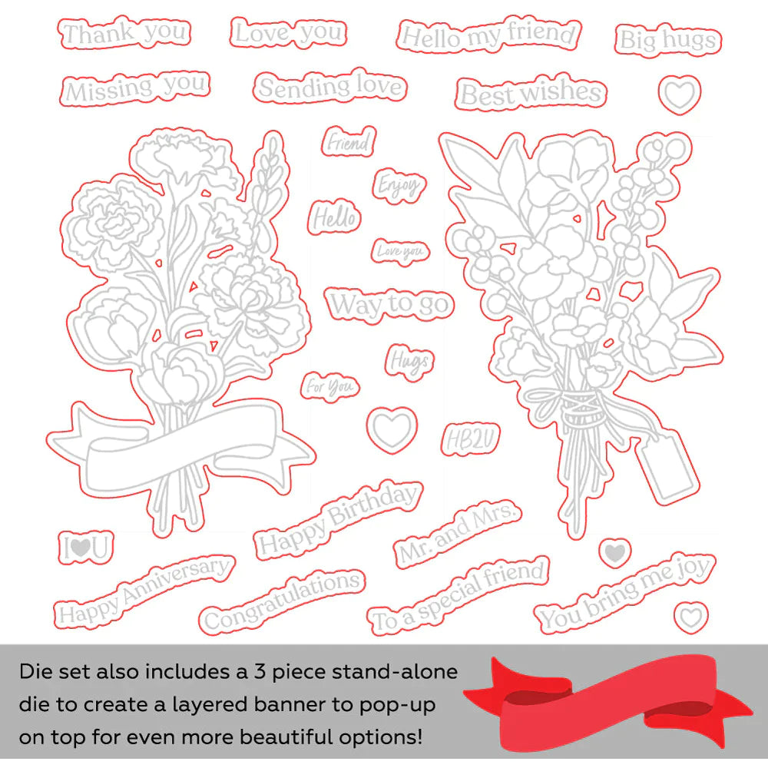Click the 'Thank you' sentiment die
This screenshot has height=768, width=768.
coord(124,33)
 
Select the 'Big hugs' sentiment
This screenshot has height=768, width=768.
coord(668,40)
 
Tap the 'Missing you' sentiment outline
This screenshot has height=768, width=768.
coord(135,88)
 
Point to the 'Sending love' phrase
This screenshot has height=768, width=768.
coord(330,87)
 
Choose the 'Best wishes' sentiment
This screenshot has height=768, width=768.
coord(531,93)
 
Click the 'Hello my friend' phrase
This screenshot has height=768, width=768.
coord(488,35)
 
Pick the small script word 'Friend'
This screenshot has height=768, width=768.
coord(349,142)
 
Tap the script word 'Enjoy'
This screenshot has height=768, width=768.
coord(399,186)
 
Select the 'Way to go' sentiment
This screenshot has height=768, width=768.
coord(389,304)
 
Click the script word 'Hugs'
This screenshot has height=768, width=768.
coord(409,362)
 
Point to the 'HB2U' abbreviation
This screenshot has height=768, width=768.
coord(470,439)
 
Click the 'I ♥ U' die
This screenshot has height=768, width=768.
coord(86,547)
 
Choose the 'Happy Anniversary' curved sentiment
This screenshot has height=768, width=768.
coord(144,591)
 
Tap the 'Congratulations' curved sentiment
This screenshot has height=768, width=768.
coord(282,601)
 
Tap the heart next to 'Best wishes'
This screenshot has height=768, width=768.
coord(680,94)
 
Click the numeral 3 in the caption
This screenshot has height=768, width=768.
coord(260,671)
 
